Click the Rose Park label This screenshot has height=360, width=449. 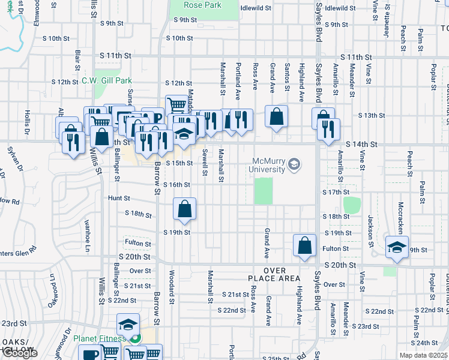coord(203,5)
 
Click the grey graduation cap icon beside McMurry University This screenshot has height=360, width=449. coord(294,164)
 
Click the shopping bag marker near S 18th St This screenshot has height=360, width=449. coord(185,209)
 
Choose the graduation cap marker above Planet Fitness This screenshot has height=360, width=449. coord(128,325)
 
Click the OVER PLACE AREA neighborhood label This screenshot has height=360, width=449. coord(274,274)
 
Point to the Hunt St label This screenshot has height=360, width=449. coord(119,197)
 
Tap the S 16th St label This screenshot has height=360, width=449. coord(178,185)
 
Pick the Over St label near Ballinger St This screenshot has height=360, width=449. coord(140,271)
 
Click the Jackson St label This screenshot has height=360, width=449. coord(370,232)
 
